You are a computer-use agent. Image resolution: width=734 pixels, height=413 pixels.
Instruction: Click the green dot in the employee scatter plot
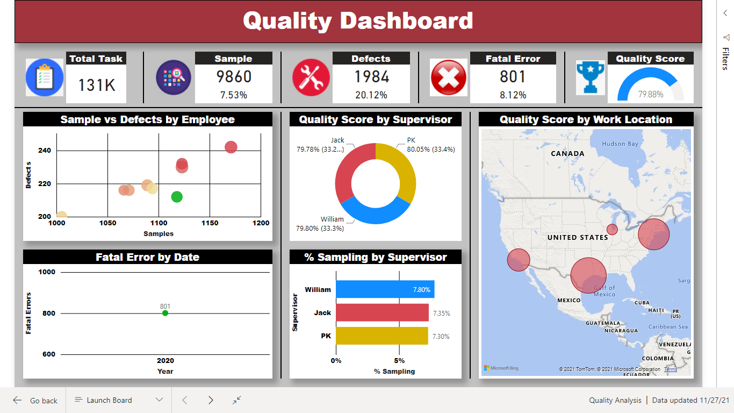[x=177, y=197]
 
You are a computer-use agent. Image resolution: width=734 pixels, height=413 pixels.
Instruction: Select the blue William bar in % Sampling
[x=385, y=289]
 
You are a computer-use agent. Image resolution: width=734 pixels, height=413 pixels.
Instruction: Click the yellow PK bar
[x=382, y=336]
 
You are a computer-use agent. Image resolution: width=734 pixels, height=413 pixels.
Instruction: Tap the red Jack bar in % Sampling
[x=382, y=312]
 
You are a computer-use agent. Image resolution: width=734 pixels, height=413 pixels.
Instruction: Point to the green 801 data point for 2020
[x=165, y=313]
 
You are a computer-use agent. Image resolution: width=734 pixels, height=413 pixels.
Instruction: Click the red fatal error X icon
[x=448, y=77]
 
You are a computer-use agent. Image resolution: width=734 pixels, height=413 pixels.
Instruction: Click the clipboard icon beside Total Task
[x=44, y=77]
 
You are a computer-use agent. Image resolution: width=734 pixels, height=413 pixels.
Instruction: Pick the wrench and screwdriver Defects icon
[x=311, y=77]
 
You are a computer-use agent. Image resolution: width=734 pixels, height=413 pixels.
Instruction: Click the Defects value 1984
[x=371, y=77]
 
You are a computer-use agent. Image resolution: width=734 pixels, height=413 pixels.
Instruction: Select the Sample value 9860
[x=233, y=77]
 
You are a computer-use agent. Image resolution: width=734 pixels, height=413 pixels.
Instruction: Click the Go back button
[x=35, y=401]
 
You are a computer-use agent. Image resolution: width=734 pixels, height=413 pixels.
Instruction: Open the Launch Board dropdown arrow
[x=159, y=400]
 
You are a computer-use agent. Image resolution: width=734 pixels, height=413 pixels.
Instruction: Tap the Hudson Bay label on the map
[x=620, y=144]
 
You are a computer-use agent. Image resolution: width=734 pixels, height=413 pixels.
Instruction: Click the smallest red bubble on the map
[x=612, y=230]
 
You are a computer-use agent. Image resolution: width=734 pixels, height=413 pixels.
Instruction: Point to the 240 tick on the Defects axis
[x=45, y=151]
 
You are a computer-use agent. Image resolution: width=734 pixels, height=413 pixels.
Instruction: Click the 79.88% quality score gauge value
[x=650, y=94]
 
